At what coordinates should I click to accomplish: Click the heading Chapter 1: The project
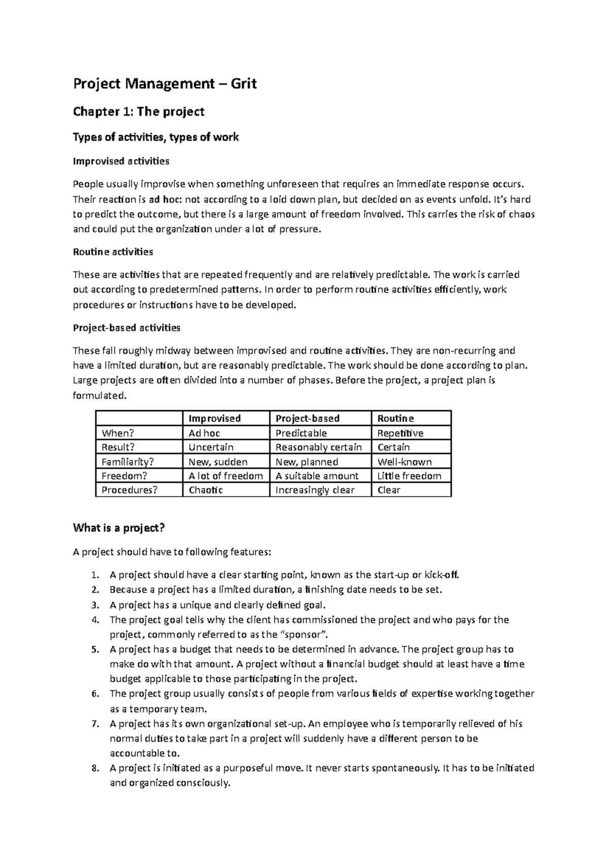pyautogui.click(x=139, y=112)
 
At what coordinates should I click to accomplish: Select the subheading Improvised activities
pyautogui.click(x=121, y=161)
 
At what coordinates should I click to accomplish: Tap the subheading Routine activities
pyautogui.click(x=113, y=252)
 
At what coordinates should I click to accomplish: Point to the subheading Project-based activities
pyautogui.click(x=127, y=328)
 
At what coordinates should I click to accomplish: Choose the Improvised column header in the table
pyautogui.click(x=215, y=418)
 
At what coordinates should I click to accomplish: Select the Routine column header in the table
pyautogui.click(x=395, y=418)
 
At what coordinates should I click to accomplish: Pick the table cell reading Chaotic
pyautogui.click(x=206, y=490)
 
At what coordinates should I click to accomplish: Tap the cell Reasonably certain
pyautogui.click(x=319, y=447)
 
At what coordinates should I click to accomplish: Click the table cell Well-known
pyautogui.click(x=404, y=462)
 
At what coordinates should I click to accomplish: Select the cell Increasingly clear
pyautogui.click(x=315, y=490)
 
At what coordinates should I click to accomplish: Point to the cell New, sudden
pyautogui.click(x=218, y=462)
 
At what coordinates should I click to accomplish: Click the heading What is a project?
pyautogui.click(x=119, y=528)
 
